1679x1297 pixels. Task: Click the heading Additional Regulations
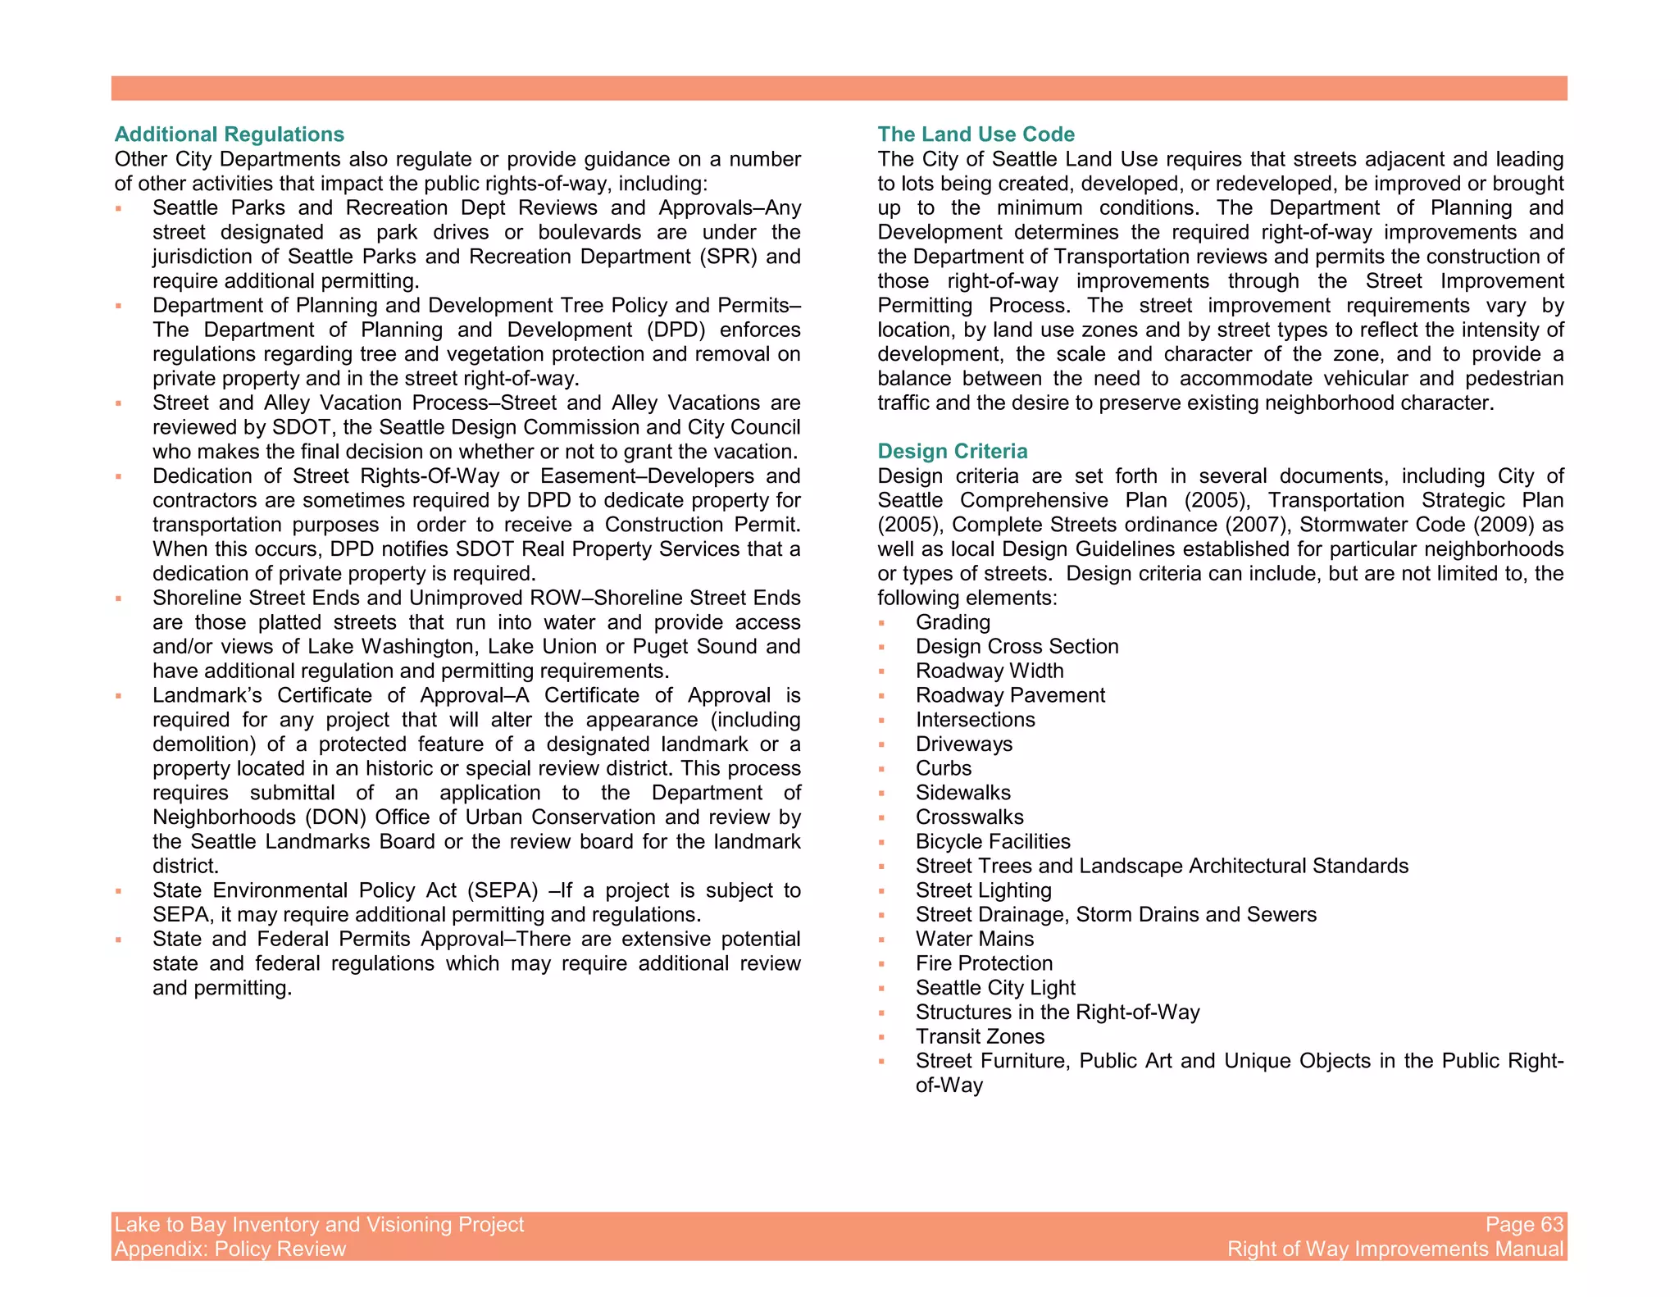click(x=229, y=134)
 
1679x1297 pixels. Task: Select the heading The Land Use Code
click(x=976, y=134)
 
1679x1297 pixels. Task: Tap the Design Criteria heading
click(x=952, y=452)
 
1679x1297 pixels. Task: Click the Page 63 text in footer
click(x=1524, y=1224)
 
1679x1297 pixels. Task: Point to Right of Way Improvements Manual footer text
click(x=1395, y=1249)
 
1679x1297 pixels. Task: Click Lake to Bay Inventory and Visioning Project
click(x=319, y=1224)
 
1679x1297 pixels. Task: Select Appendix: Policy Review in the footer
click(x=230, y=1249)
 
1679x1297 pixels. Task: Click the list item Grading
click(x=953, y=622)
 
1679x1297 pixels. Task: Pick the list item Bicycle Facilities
click(x=993, y=842)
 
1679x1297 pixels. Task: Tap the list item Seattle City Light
click(x=995, y=988)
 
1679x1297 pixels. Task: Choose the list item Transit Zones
click(x=980, y=1037)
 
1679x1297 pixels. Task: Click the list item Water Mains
click(x=975, y=940)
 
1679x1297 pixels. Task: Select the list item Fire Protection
click(x=984, y=964)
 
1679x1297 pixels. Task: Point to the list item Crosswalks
click(x=969, y=817)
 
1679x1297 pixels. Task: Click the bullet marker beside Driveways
click(x=881, y=745)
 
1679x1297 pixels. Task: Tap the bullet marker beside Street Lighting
click(x=881, y=891)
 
